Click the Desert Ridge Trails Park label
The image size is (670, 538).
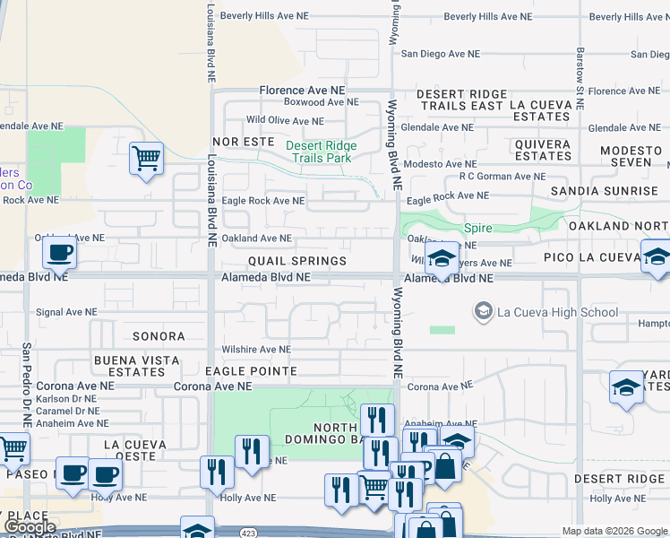[322, 152]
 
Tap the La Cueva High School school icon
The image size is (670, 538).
[484, 311]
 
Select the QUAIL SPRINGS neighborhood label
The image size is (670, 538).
[297, 261]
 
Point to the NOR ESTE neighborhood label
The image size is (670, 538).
[243, 143]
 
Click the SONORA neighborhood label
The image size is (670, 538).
[159, 336]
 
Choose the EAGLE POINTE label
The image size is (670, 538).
[251, 370]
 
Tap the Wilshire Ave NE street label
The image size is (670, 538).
[256, 350]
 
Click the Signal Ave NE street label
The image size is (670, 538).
[73, 313]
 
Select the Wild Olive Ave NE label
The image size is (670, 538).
[285, 120]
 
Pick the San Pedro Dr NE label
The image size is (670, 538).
[27, 384]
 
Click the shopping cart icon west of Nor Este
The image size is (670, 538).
[146, 159]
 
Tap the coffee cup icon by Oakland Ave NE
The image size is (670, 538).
[59, 253]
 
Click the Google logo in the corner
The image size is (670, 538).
[30, 527]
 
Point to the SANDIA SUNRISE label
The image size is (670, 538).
[604, 191]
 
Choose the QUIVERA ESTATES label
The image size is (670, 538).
[543, 150]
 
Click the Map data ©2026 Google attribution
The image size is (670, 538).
[613, 531]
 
